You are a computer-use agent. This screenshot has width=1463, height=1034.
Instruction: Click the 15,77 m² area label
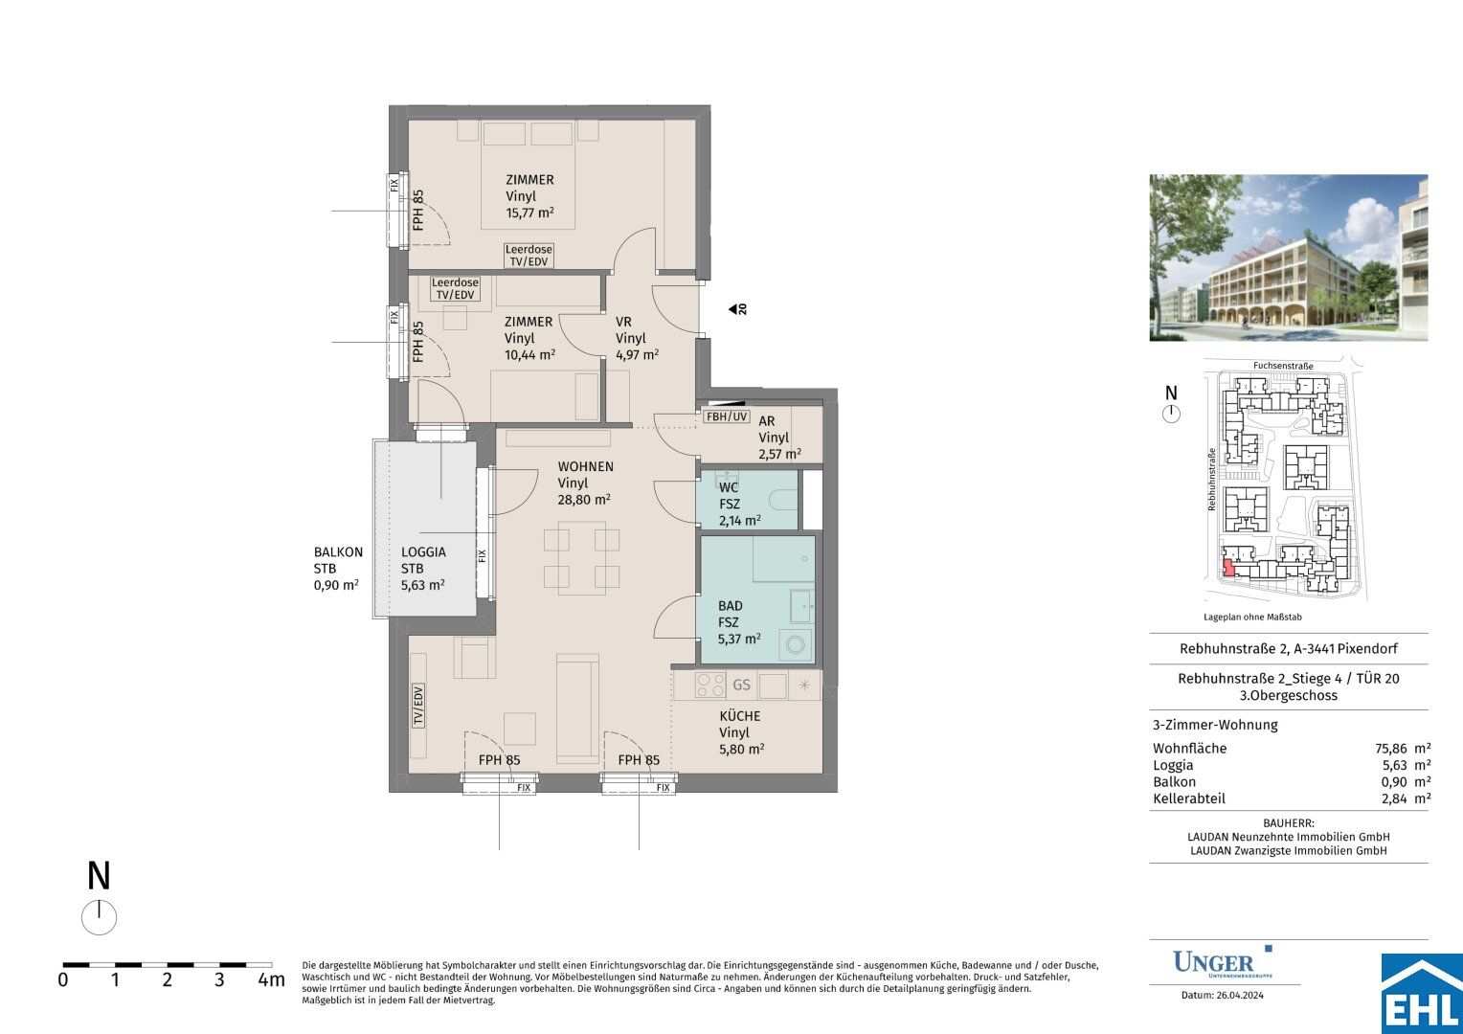click(x=529, y=213)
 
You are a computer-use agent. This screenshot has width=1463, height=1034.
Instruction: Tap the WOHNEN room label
click(x=585, y=466)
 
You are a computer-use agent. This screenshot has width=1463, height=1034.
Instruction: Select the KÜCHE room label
click(x=739, y=716)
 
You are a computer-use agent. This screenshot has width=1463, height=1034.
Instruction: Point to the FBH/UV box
click(x=727, y=416)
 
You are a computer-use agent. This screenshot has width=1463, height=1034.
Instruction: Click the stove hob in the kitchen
click(x=709, y=685)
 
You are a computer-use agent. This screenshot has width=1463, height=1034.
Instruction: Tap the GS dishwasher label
click(x=741, y=685)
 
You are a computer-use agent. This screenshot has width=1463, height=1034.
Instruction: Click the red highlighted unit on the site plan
click(x=1227, y=568)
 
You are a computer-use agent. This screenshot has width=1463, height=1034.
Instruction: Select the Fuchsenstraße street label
click(x=1283, y=366)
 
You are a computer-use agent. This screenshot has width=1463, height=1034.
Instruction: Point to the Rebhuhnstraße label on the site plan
click(x=1211, y=479)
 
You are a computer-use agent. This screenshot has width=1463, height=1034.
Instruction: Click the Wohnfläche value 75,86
click(x=1392, y=749)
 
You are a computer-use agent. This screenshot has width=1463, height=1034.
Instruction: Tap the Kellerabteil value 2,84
click(x=1394, y=798)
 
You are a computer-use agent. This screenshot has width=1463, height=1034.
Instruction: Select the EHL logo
click(x=1422, y=994)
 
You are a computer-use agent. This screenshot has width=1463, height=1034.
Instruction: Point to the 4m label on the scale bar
click(x=272, y=979)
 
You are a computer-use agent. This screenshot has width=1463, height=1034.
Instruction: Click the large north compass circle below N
click(x=99, y=917)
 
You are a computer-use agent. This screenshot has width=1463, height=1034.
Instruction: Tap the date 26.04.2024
click(x=1240, y=996)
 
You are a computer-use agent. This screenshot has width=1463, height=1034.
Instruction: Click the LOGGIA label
click(x=423, y=552)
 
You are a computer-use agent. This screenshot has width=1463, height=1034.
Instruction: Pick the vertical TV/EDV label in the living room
click(x=418, y=706)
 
